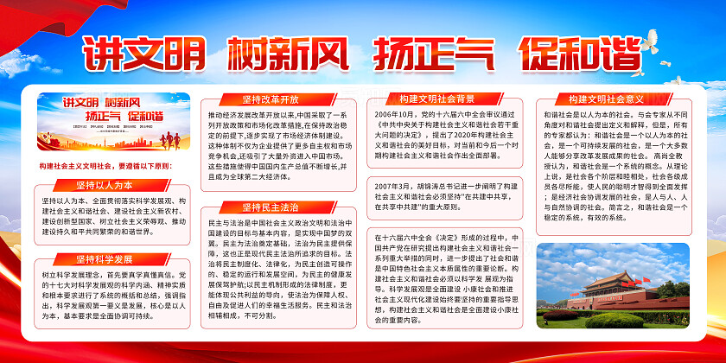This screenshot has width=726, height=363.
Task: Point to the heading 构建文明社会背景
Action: coord(443,99)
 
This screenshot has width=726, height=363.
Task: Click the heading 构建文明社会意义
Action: coord(606,99)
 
